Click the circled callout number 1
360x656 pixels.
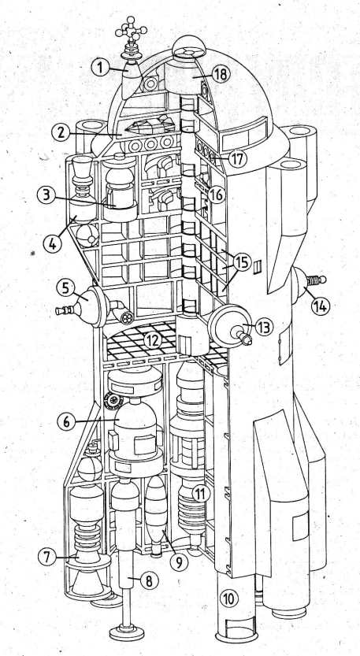100,67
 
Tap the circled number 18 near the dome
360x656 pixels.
221,75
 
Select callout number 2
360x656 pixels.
61,133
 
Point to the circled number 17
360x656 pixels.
238,158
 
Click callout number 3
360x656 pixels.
46,195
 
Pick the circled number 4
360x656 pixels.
52,243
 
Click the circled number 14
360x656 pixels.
321,306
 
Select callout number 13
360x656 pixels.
263,327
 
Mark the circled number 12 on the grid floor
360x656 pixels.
152,340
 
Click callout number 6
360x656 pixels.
66,422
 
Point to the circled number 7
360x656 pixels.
47,557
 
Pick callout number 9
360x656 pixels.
179,563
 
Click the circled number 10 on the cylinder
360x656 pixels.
229,599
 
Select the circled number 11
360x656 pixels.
201,494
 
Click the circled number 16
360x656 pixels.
217,195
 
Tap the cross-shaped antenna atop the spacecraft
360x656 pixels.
131,30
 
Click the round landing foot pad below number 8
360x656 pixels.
127,631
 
